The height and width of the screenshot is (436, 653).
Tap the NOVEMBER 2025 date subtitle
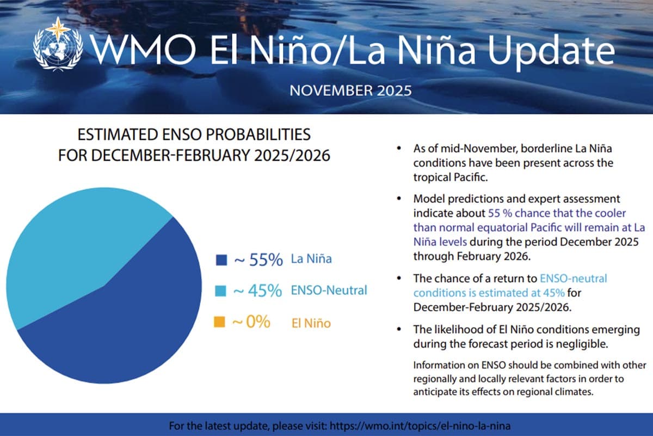pyautogui.click(x=350, y=90)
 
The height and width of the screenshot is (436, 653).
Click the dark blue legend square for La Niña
pyautogui.click(x=221, y=260)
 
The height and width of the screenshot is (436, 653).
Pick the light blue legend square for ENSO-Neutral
pyautogui.click(x=221, y=291)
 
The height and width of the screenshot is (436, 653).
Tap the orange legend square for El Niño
pyautogui.click(x=221, y=323)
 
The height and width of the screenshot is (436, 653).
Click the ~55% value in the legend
pyautogui.click(x=258, y=260)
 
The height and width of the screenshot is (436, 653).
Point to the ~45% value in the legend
pyautogui.click(x=257, y=291)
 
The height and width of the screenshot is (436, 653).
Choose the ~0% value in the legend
pyautogui.click(x=251, y=322)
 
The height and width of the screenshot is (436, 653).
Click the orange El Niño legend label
pyautogui.click(x=310, y=323)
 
